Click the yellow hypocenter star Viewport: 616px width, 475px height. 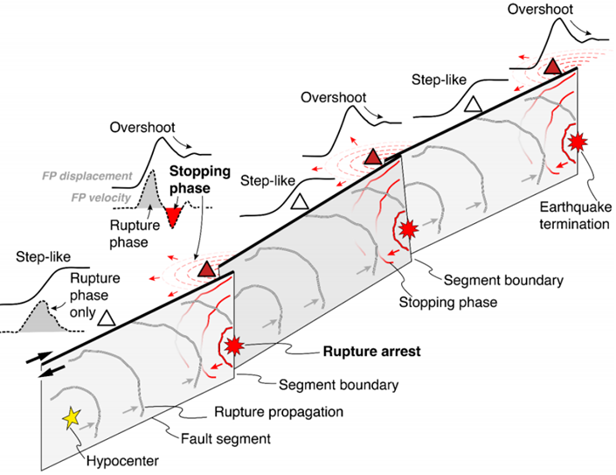click(72, 418)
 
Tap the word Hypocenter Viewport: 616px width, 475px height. click(122, 460)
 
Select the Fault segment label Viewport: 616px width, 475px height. click(225, 438)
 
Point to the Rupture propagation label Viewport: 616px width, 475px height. click(279, 412)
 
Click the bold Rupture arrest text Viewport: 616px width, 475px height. click(371, 351)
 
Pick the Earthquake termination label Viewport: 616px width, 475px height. click(575, 215)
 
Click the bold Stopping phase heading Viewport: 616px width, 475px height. click(199, 179)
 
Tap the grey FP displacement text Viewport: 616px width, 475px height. click(87, 176)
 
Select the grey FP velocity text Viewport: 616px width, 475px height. click(100, 198)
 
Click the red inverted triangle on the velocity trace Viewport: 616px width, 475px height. click(172, 216)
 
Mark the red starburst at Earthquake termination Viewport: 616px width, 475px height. click(577, 142)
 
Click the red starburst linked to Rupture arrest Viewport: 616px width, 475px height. click(234, 346)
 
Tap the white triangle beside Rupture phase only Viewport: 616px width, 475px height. click(107, 318)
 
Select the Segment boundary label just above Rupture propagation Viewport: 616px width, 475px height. click(339, 385)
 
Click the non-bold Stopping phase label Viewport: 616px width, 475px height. click(448, 302)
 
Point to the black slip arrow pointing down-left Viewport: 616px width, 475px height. click(53, 371)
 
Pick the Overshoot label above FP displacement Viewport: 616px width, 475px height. click(142, 128)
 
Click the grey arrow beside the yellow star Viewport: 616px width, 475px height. click(87, 426)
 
